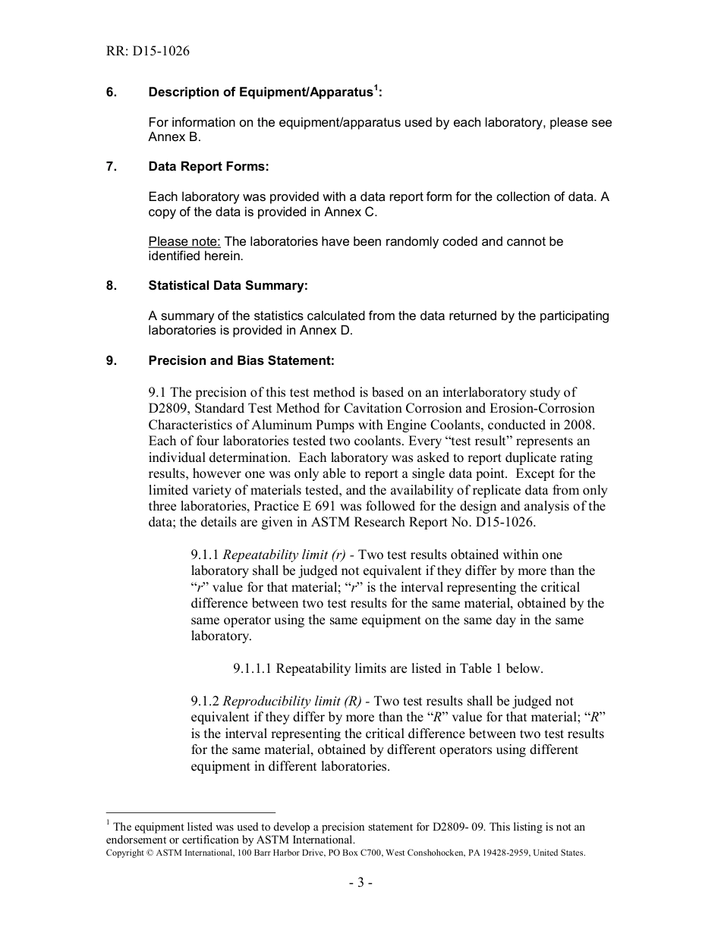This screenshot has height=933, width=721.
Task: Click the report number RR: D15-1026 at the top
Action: (x=148, y=52)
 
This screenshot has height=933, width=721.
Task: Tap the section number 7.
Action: (x=112, y=166)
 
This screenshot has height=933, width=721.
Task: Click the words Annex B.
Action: (x=175, y=137)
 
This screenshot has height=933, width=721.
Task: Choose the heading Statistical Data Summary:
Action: (x=228, y=286)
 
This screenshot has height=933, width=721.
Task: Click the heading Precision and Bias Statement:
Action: (x=241, y=361)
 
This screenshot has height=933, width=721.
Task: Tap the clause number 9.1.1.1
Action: (x=253, y=669)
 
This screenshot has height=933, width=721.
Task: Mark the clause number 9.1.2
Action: (x=205, y=702)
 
